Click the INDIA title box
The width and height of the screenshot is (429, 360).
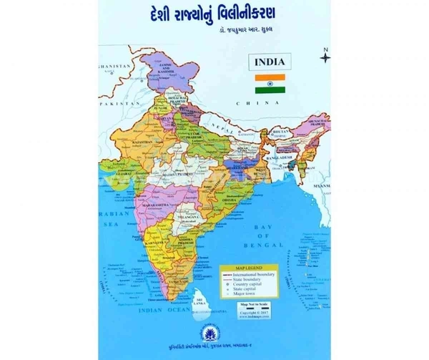click(269, 62)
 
